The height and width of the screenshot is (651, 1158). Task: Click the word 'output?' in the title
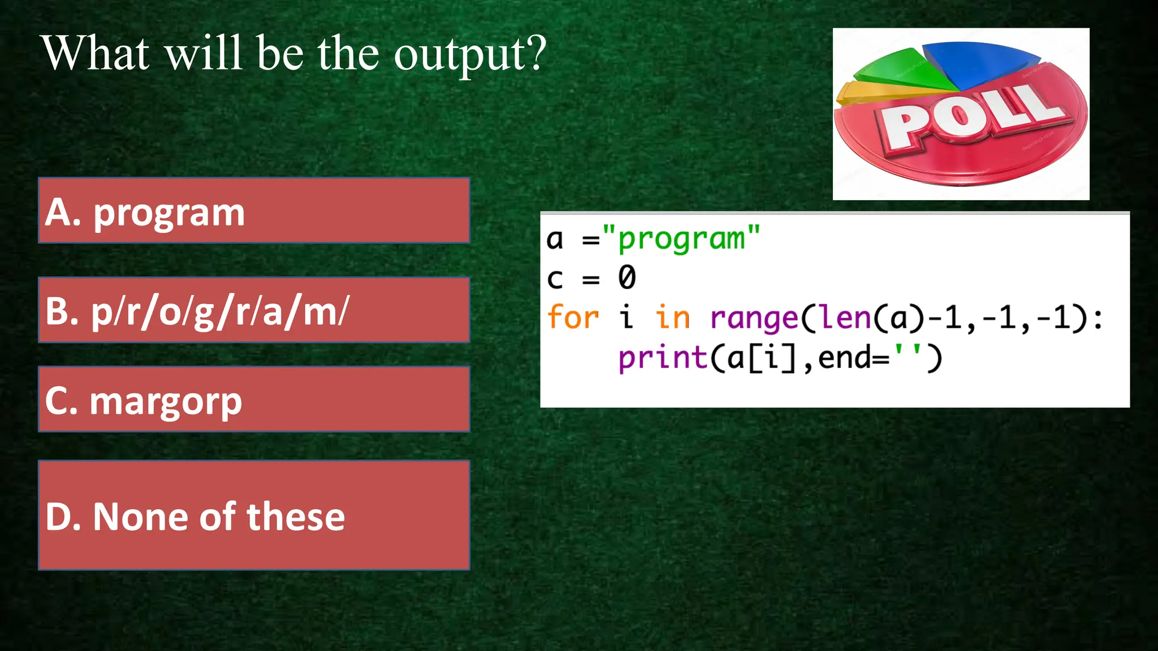[x=470, y=54]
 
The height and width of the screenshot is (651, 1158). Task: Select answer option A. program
[x=254, y=211]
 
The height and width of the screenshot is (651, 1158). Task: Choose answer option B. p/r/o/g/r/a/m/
[x=254, y=310]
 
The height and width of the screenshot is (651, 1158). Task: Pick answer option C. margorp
[x=254, y=400]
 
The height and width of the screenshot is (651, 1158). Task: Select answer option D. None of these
[x=254, y=515]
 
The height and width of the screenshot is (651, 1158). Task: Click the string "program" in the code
[x=681, y=239]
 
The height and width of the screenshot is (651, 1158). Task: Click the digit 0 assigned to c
[x=626, y=278]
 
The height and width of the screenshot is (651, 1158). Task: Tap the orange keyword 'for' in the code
[x=573, y=317]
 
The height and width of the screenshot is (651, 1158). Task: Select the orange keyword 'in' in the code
[x=672, y=317]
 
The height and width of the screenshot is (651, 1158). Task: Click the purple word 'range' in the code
[x=753, y=318]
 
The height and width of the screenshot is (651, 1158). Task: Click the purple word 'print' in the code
[x=662, y=358]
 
